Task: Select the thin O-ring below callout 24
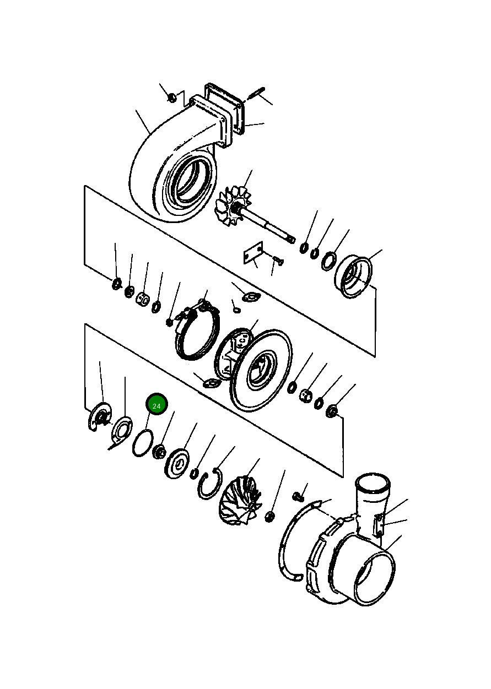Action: pyautogui.click(x=142, y=443)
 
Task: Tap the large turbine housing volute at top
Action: pyautogui.click(x=165, y=165)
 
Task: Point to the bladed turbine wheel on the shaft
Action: pyautogui.click(x=231, y=204)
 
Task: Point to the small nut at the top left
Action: pyautogui.click(x=172, y=98)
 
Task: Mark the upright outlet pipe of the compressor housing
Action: pyautogui.click(x=372, y=496)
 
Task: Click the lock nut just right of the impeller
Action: pyautogui.click(x=270, y=516)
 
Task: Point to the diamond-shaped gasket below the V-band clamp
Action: pyautogui.click(x=209, y=382)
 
